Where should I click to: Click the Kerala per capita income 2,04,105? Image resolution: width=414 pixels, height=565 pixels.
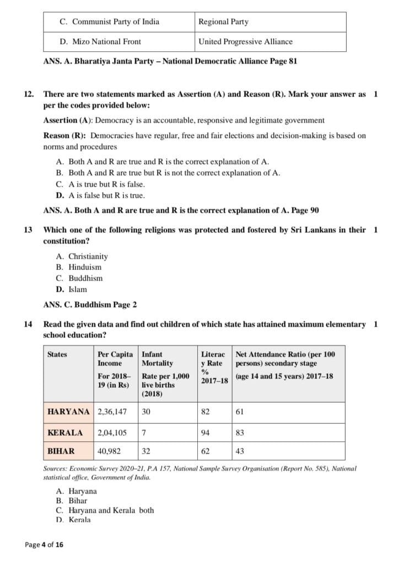click(112, 433)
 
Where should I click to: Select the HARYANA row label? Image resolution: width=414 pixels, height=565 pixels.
click(69, 412)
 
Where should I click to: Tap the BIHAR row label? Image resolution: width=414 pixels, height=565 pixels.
click(61, 451)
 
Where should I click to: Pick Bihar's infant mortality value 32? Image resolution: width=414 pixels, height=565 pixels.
click(146, 451)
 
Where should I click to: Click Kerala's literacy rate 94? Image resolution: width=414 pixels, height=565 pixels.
click(206, 433)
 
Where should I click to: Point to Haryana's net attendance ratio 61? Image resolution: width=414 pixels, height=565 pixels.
click(240, 412)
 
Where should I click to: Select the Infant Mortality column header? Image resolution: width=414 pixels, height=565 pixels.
click(158, 359)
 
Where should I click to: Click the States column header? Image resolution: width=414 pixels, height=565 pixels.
click(57, 354)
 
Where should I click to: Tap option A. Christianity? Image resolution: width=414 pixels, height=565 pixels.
click(82, 256)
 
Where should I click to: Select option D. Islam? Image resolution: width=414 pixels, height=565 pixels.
click(71, 289)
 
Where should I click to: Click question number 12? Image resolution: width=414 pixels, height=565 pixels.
click(29, 94)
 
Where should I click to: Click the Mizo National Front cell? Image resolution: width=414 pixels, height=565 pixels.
click(100, 41)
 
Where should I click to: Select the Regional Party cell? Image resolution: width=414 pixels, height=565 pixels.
click(223, 22)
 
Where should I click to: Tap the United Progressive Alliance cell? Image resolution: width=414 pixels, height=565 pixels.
click(245, 41)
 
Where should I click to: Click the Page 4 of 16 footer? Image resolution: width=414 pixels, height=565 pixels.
click(44, 545)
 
